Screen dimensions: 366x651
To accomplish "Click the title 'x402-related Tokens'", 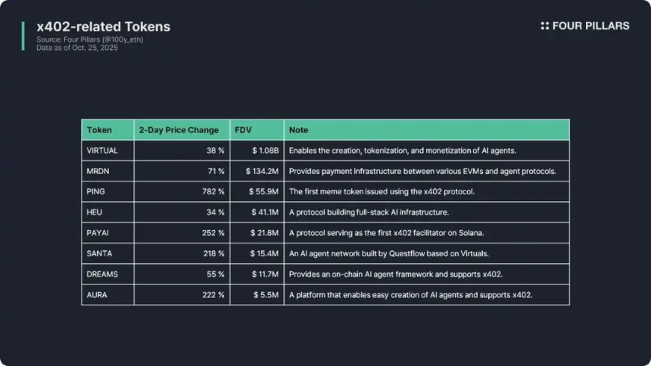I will (x=104, y=27).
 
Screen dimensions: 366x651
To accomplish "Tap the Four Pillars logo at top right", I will (x=585, y=26).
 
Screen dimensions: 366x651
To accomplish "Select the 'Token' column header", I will (x=100, y=130).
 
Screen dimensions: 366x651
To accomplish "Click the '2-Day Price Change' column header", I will (x=179, y=130).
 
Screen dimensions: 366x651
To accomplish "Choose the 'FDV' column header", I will (x=244, y=130).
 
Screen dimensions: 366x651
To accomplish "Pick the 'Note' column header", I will (x=299, y=130).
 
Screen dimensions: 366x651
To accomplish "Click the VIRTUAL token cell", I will (x=103, y=150).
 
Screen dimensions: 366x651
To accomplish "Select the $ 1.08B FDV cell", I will (x=265, y=150).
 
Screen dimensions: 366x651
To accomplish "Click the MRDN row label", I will (x=99, y=172).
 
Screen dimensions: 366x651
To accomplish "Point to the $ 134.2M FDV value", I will (x=262, y=172).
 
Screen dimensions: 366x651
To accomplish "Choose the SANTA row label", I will (x=101, y=253).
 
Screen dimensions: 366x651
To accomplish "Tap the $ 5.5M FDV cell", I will (x=266, y=295).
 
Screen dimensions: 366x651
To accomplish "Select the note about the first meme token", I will (x=382, y=192).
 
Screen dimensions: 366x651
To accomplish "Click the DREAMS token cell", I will (x=103, y=274).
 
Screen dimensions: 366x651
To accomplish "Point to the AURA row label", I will (x=98, y=295).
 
